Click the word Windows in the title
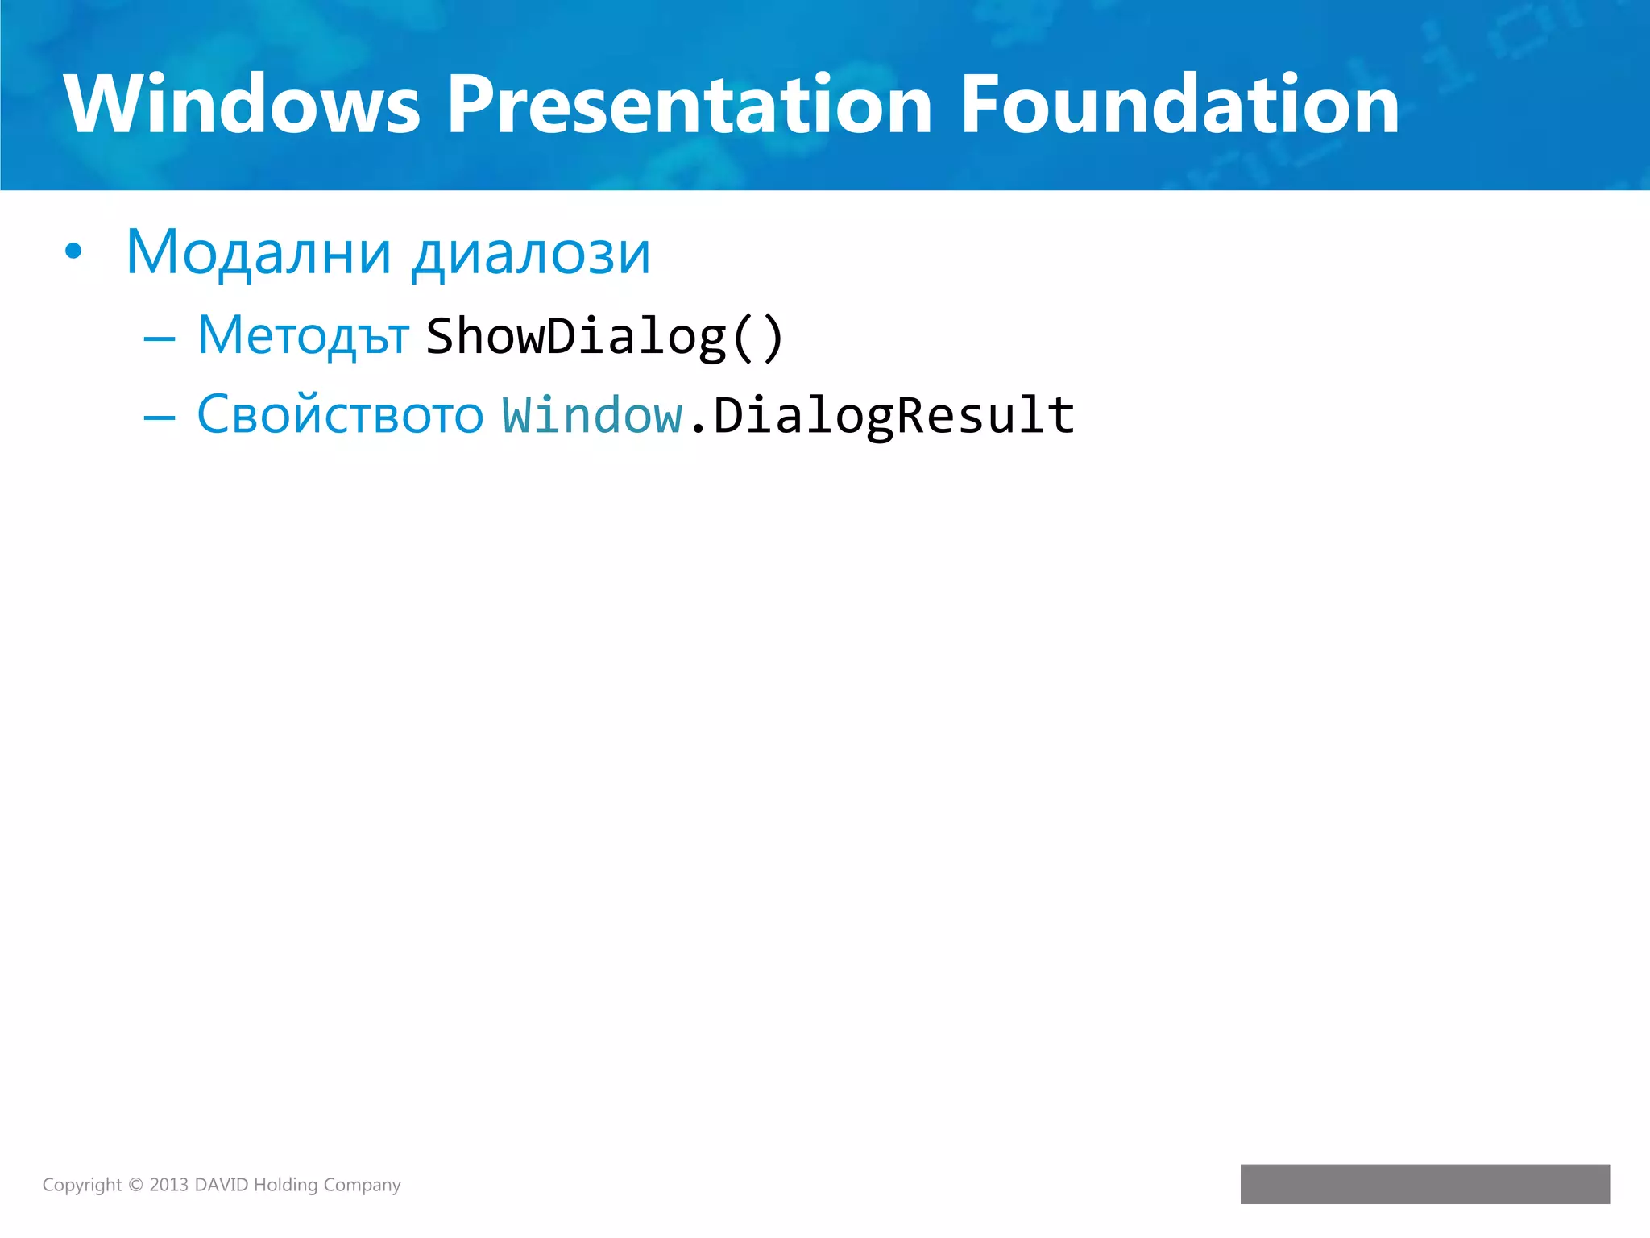242,105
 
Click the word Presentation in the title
690,105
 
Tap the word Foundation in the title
1179,105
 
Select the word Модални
258,253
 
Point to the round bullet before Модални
73,252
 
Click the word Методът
303,335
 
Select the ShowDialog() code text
604,337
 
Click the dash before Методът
159,339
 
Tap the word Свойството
340,415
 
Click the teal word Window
592,416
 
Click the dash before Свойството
159,418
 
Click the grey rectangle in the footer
1424,1183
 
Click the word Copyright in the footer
81,1185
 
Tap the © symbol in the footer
135,1185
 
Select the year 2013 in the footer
168,1185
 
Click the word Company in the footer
362,1185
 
